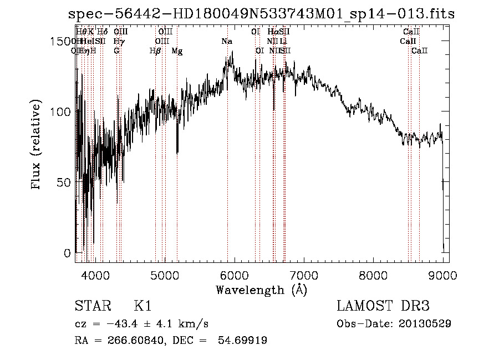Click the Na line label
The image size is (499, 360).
pyautogui.click(x=227, y=41)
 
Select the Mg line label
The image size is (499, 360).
pyautogui.click(x=177, y=51)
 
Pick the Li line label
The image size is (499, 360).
pyautogui.click(x=283, y=41)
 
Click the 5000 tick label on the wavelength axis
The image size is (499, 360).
pyautogui.click(x=164, y=275)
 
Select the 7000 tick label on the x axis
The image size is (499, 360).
pyautogui.click(x=304, y=275)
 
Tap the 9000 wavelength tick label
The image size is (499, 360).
pyautogui.click(x=443, y=275)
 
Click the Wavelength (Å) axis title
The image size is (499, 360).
pyautogui.click(x=262, y=290)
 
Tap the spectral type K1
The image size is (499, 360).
pyautogui.click(x=143, y=307)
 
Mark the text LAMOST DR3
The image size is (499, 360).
pyautogui.click(x=383, y=307)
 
